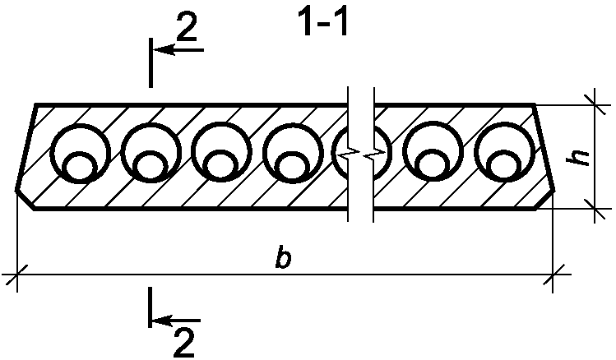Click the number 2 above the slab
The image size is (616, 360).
click(187, 26)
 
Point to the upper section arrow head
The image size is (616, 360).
click(164, 50)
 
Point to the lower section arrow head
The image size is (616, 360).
click(163, 321)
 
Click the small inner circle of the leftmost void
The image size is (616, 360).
click(80, 167)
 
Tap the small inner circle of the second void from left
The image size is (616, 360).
click(151, 167)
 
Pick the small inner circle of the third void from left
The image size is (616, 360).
click(221, 167)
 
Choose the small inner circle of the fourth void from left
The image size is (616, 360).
click(292, 167)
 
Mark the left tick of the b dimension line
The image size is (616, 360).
click(16, 275)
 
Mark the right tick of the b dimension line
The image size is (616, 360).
click(553, 275)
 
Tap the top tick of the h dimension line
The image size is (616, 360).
click(595, 105)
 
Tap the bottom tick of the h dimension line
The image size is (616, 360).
click(595, 209)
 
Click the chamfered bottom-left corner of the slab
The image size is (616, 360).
click(25, 200)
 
